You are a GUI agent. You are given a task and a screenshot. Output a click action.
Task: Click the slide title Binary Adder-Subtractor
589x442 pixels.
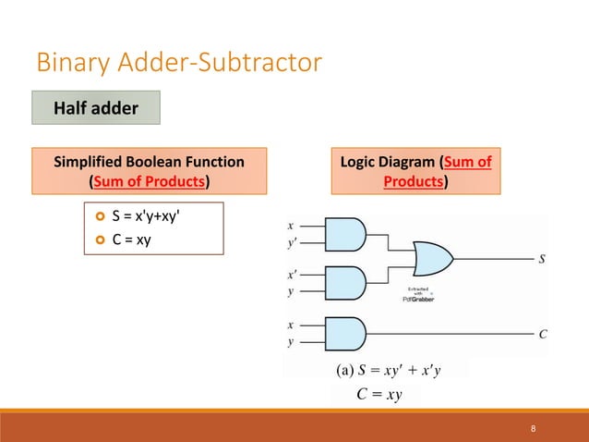179,64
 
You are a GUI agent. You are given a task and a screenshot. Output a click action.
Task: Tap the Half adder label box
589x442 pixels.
97,108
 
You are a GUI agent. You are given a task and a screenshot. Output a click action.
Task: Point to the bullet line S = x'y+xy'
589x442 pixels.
153,217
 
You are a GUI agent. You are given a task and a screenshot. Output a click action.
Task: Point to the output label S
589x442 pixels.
542,260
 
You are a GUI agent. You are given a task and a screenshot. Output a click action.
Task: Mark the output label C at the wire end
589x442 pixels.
543,334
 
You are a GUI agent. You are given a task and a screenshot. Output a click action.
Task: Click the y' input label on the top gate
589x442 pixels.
293,246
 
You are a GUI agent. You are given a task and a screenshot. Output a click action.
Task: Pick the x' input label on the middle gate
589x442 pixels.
293,275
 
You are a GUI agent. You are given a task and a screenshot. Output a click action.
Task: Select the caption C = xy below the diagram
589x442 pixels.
378,396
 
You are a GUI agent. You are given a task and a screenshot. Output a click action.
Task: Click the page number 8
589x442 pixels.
534,428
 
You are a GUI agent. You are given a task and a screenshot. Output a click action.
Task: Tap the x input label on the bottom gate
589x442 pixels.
292,325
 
